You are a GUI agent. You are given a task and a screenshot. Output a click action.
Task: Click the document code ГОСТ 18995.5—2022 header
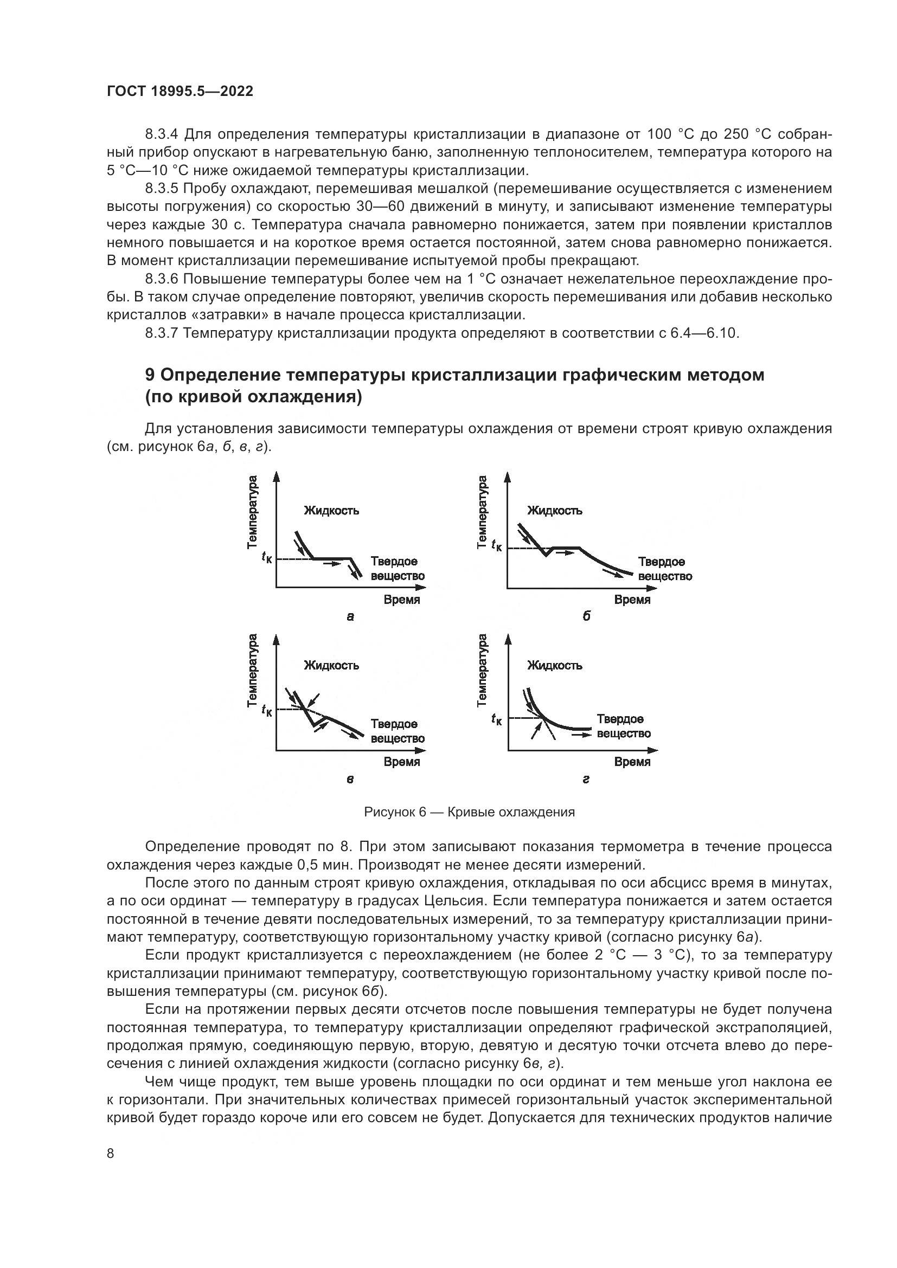tap(180, 92)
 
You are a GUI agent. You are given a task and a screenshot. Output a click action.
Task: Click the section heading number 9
tap(150, 375)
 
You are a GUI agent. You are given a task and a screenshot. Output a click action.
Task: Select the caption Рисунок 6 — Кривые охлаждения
tap(470, 812)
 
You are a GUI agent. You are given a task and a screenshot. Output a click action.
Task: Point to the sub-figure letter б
tap(587, 616)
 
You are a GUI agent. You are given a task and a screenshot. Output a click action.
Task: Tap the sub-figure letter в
tap(350, 779)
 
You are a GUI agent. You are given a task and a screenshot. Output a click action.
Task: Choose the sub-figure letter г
tap(586, 779)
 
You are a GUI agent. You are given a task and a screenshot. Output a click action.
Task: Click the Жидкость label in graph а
tap(331, 511)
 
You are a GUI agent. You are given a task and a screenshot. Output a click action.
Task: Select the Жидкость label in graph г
tap(555, 666)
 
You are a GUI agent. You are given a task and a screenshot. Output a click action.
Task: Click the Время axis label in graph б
tap(632, 600)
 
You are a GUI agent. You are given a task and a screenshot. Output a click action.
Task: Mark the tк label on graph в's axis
tap(267, 710)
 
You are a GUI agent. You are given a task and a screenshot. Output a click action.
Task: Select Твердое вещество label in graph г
tap(624, 726)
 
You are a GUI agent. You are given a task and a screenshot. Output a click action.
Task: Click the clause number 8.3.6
tap(162, 279)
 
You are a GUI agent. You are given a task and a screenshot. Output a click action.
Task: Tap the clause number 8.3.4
tap(162, 134)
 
